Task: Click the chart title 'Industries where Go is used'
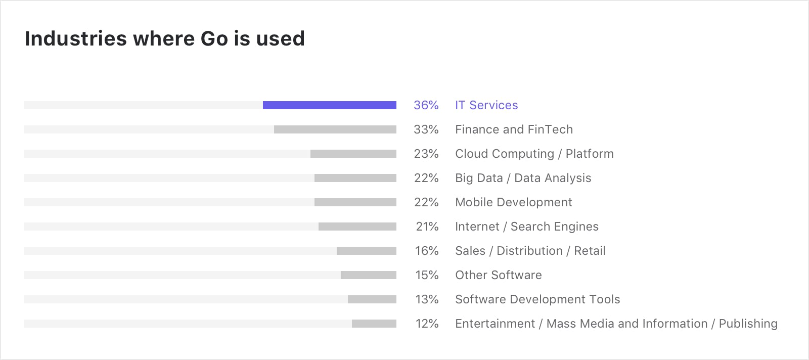pos(165,39)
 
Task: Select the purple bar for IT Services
pos(329,105)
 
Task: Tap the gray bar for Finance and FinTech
pos(335,129)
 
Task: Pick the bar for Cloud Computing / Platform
pos(353,154)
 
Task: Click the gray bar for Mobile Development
pos(355,202)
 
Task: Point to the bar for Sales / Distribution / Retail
pos(366,251)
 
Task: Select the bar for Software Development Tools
pos(372,299)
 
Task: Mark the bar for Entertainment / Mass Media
pos(374,324)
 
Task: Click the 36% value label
pos(426,105)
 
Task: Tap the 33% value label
pos(426,129)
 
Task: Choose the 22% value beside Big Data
pos(426,178)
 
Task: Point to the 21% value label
pos(427,227)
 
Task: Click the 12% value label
pos(427,324)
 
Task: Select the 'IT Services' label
pos(486,105)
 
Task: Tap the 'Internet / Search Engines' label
pos(526,227)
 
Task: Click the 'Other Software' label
pos(498,275)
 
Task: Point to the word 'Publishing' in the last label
pos(748,324)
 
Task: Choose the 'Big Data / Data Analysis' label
pos(523,178)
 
